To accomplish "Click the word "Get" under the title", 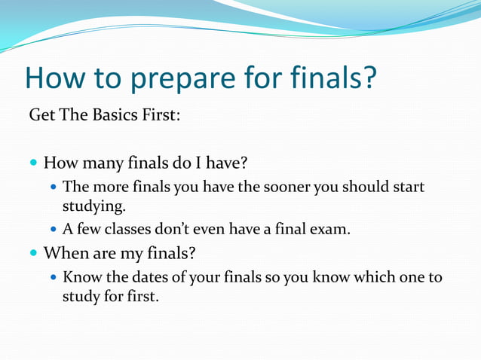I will click(x=41, y=117).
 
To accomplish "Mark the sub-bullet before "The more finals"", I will click(x=54, y=187).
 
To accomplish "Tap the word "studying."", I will click(x=93, y=206).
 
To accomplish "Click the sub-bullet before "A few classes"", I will click(x=54, y=229).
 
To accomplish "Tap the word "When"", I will click(x=63, y=253).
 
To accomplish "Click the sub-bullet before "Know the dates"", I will click(x=54, y=277).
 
